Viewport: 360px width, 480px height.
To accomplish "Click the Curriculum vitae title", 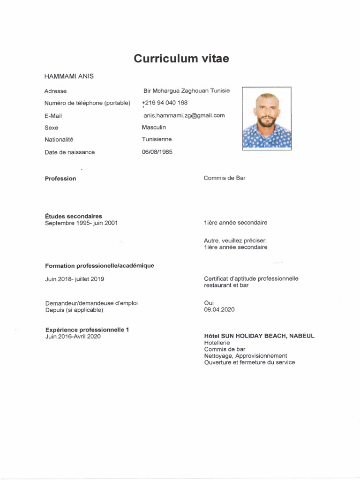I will (181, 59).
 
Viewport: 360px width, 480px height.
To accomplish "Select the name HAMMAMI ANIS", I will (69, 76).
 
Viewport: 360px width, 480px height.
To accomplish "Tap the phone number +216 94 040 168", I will (165, 103).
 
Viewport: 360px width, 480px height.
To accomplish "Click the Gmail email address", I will (184, 115).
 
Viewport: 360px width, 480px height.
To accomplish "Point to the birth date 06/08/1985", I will (157, 152).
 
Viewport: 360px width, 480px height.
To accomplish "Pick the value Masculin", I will (154, 127).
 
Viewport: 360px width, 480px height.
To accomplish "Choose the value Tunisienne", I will (157, 139).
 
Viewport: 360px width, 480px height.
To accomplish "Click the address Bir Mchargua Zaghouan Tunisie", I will (187, 90).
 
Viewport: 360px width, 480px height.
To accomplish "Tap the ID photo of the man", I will (266, 118).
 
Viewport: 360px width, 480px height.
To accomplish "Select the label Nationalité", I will (59, 139).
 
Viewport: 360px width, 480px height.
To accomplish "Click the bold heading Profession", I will (60, 179).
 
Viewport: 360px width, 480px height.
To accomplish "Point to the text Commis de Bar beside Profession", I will (225, 178).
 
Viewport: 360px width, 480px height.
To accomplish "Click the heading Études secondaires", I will (74, 216).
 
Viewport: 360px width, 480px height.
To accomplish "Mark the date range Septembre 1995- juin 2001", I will (82, 223).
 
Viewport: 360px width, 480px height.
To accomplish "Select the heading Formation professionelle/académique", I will (99, 266).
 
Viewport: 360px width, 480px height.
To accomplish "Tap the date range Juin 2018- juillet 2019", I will (75, 279).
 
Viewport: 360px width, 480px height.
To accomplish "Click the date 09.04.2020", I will (219, 310).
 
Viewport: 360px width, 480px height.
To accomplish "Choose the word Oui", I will (209, 303).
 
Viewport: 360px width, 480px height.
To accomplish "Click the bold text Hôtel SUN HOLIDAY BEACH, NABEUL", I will (259, 336).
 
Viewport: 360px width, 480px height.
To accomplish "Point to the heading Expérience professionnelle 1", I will (87, 330).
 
